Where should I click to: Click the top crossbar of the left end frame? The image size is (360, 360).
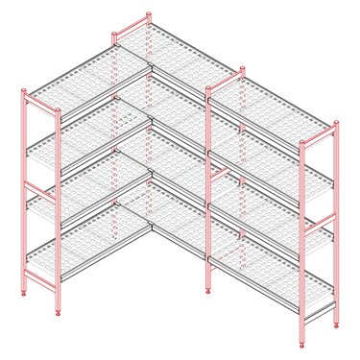[x=37, y=100]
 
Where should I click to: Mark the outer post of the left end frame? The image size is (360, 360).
[x=24, y=192]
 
